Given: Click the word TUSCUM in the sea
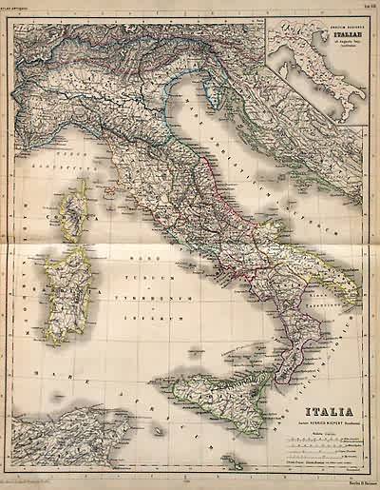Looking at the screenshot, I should (143, 278).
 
